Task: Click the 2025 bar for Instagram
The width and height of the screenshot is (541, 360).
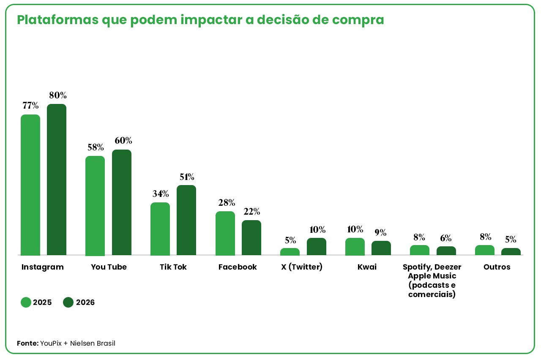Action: [30, 185]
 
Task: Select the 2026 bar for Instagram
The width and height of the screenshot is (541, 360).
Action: [57, 180]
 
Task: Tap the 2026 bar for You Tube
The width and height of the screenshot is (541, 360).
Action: [122, 202]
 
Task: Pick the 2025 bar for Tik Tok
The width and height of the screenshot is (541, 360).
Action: [160, 229]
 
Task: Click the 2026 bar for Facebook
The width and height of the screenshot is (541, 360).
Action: [251, 238]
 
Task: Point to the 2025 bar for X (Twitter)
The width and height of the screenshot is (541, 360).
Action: [290, 251]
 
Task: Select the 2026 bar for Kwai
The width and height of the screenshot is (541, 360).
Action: [381, 248]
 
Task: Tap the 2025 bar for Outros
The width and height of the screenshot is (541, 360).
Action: [485, 250]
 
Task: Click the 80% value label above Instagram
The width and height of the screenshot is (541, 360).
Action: [58, 95]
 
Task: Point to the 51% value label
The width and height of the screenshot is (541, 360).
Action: [187, 177]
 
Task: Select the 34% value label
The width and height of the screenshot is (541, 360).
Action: [161, 194]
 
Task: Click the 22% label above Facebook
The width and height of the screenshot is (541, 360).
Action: [252, 212]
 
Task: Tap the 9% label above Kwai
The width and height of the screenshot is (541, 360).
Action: [381, 232]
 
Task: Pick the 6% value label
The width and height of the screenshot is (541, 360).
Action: [446, 238]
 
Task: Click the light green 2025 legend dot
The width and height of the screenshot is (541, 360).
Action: [26, 302]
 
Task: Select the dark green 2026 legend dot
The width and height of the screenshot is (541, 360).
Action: [68, 302]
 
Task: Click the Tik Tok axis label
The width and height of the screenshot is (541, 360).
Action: [173, 267]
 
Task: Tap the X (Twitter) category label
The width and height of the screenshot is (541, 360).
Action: [302, 267]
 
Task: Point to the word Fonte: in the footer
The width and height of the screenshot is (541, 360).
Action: [28, 343]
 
